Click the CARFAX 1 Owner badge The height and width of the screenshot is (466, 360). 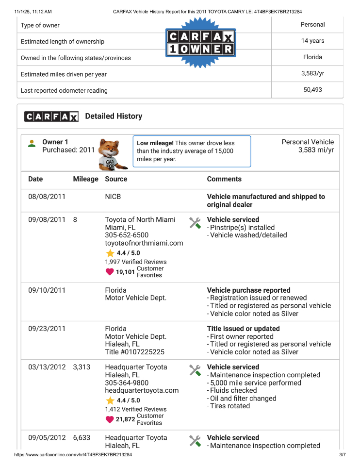pyautogui.click(x=200, y=43)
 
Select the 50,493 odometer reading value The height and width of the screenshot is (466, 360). pyautogui.click(x=312, y=89)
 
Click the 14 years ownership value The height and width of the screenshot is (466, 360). pyautogui.click(x=312, y=41)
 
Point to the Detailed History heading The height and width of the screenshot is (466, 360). pyautogui.click(x=114, y=116)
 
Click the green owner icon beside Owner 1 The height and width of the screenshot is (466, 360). pyautogui.click(x=32, y=144)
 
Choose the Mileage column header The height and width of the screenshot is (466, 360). pyautogui.click(x=85, y=179)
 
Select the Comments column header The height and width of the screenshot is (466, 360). pyautogui.click(x=224, y=179)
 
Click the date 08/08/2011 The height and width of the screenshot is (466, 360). pyautogui.click(x=47, y=197)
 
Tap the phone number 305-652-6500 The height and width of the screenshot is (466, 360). pyautogui.click(x=127, y=235)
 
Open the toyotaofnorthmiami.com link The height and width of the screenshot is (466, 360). pyautogui.click(x=144, y=243)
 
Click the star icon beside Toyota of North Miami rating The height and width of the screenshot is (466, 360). pyautogui.click(x=110, y=253)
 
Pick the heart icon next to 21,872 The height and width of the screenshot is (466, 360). pyautogui.click(x=110, y=419)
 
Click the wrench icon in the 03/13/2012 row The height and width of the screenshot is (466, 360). pyautogui.click(x=195, y=370)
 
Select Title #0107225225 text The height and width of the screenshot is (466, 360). pyautogui.click(x=134, y=352)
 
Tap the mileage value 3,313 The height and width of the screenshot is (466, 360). pyautogui.click(x=82, y=367)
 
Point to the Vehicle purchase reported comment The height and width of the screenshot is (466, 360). pyautogui.click(x=248, y=290)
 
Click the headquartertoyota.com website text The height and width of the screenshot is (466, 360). pyautogui.click(x=142, y=390)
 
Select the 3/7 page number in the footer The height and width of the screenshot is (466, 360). pyautogui.click(x=342, y=455)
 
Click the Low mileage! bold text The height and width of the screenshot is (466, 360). pyautogui.click(x=155, y=143)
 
